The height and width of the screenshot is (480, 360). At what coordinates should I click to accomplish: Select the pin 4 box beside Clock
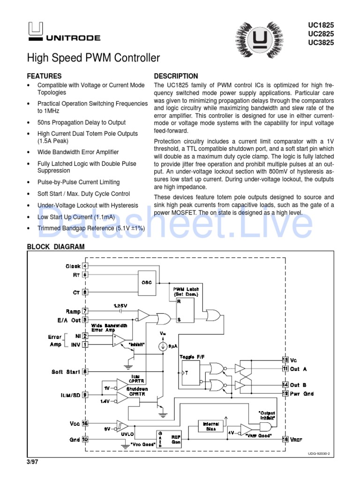pyautogui.click(x=85, y=266)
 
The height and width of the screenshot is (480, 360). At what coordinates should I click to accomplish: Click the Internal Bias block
pyautogui.click(x=208, y=426)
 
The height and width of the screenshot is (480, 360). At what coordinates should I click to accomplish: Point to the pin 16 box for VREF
pyautogui.click(x=285, y=439)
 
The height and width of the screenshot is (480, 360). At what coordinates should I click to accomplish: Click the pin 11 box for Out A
pyautogui.click(x=285, y=368)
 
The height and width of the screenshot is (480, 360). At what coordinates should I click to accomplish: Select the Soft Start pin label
pyautogui.click(x=66, y=372)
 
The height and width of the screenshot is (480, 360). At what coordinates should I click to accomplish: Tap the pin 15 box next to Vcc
pyautogui.click(x=85, y=423)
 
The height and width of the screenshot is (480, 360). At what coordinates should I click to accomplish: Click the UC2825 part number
pyautogui.click(x=321, y=33)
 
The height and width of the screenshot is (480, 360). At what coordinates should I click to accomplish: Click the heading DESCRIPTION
pyautogui.click(x=176, y=76)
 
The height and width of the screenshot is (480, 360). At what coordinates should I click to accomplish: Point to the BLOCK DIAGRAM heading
pyautogui.click(x=56, y=246)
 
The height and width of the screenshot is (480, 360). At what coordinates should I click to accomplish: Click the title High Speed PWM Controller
pyautogui.click(x=93, y=58)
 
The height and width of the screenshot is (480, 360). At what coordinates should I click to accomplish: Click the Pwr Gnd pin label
pyautogui.click(x=302, y=394)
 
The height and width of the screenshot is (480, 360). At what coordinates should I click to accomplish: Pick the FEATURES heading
pyautogui.click(x=44, y=76)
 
